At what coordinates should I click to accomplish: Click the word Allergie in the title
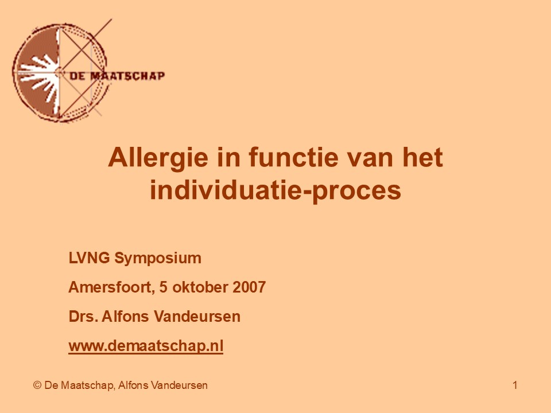point(158,158)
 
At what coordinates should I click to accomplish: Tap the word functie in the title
point(294,157)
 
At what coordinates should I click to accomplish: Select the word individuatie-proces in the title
point(275,190)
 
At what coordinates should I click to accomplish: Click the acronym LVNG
point(90,258)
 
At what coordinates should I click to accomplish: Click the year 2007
point(249,287)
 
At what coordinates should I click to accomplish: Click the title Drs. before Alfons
point(83,317)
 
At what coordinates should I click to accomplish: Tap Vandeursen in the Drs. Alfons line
point(197,317)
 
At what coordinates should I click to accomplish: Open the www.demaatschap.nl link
point(146,346)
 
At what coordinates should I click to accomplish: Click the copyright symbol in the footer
point(37,385)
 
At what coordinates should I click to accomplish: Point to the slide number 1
point(515,385)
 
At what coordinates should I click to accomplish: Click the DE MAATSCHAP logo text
point(117,76)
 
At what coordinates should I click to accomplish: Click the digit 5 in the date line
point(164,287)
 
